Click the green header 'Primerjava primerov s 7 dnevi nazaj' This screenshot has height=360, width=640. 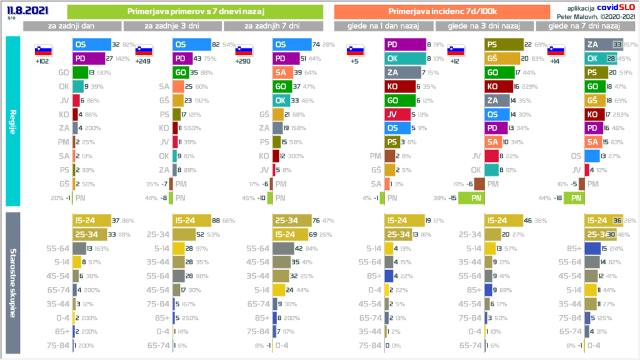tap(195, 11)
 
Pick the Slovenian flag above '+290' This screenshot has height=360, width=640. tap(244, 51)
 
